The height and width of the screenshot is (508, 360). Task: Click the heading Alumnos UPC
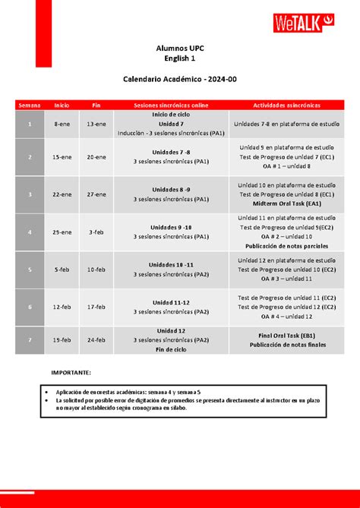(x=180, y=49)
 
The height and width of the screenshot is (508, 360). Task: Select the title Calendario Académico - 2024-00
(x=180, y=79)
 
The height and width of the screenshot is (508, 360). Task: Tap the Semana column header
(x=30, y=105)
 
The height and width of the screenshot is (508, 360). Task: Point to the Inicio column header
(x=62, y=105)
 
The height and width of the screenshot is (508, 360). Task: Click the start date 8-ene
(x=62, y=123)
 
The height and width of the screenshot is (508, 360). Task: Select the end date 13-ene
(x=96, y=123)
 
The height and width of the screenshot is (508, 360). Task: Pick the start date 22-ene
(x=62, y=194)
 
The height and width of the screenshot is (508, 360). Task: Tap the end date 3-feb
(x=96, y=232)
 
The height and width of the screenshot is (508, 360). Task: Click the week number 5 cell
(x=30, y=269)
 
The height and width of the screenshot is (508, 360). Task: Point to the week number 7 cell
(x=30, y=340)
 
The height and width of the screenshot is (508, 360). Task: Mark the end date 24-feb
(x=96, y=340)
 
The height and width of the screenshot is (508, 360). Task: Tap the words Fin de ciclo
(x=171, y=349)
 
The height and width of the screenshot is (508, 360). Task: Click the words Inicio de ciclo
(x=171, y=114)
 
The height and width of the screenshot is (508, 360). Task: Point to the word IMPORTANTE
(x=71, y=374)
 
